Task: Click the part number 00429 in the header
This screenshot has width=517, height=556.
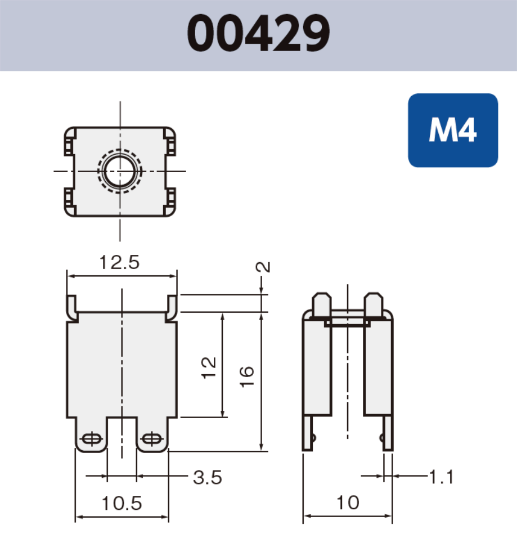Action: pos(258,34)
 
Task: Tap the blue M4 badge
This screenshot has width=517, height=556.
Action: pos(452,131)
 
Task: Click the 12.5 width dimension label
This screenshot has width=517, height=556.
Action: pos(119,262)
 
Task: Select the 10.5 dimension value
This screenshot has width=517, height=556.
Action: pos(122,503)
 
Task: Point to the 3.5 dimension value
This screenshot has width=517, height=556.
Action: pos(207,478)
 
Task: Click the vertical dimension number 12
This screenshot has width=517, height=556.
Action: pos(209,368)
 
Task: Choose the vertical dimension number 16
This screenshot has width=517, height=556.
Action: pos(247,376)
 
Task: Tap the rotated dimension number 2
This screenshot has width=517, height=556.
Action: pos(263,267)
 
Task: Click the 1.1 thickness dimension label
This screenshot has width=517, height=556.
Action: pos(440,477)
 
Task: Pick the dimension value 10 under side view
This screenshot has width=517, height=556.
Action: pos(348,503)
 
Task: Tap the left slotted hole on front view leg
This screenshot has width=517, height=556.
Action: pos(91,438)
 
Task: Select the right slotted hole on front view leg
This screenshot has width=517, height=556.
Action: pos(151,438)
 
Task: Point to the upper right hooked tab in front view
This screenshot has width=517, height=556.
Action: pos(172,307)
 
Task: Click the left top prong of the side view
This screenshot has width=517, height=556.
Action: pos(322,304)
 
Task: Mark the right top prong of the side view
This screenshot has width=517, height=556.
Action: pos(374,304)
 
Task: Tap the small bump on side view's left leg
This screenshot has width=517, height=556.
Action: pos(313,437)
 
